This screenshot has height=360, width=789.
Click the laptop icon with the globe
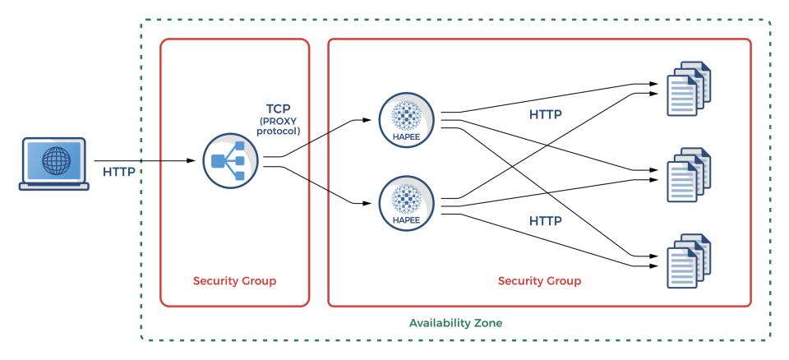point(53,164)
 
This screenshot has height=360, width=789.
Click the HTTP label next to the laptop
point(120,173)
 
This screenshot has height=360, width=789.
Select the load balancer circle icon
point(230,161)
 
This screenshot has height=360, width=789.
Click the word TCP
point(279,108)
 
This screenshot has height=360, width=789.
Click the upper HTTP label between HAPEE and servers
point(545,114)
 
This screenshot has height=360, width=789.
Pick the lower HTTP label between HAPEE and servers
point(545,221)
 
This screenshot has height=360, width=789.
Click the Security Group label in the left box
point(234,281)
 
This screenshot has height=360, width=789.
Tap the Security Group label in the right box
point(539,281)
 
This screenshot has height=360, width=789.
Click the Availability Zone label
point(455,323)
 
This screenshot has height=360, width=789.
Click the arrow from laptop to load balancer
point(148,160)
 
